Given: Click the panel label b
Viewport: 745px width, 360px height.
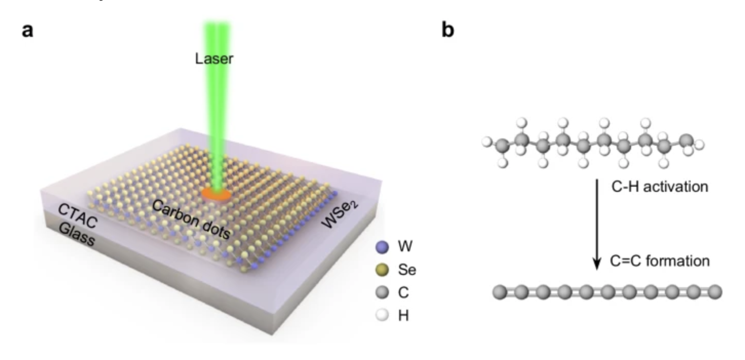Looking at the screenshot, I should (x=448, y=30).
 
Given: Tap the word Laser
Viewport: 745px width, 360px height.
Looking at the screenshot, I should (x=214, y=58).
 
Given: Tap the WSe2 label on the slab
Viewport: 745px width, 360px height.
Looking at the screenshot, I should (x=340, y=214).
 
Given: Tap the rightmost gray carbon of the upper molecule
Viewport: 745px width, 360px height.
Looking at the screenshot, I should (x=687, y=142).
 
